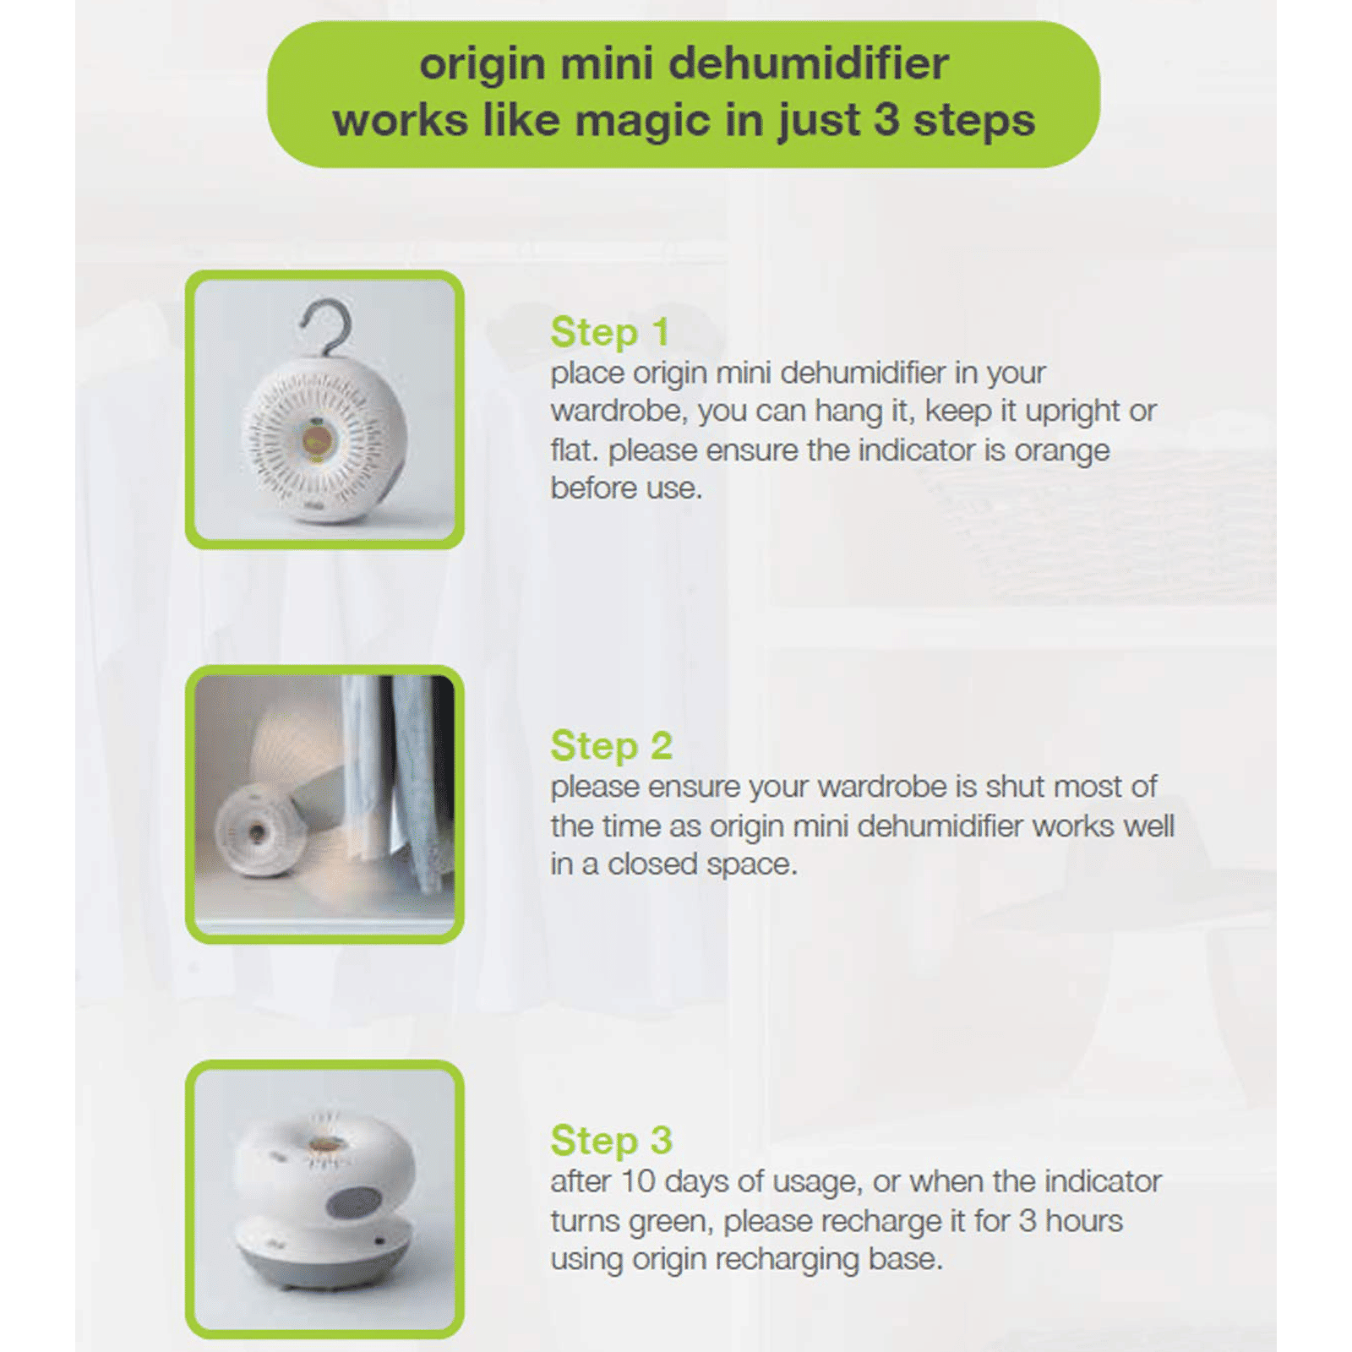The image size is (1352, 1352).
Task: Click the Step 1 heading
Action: pos(609,332)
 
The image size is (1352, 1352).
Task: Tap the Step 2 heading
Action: pos(611,746)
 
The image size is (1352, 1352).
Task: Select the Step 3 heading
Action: pos(611,1141)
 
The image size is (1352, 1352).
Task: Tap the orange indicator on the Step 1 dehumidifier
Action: pos(316,439)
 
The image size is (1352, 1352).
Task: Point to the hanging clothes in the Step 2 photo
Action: pos(397,777)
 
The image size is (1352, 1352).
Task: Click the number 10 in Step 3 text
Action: pos(638,1181)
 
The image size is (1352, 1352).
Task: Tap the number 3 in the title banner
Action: pos(886,119)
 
